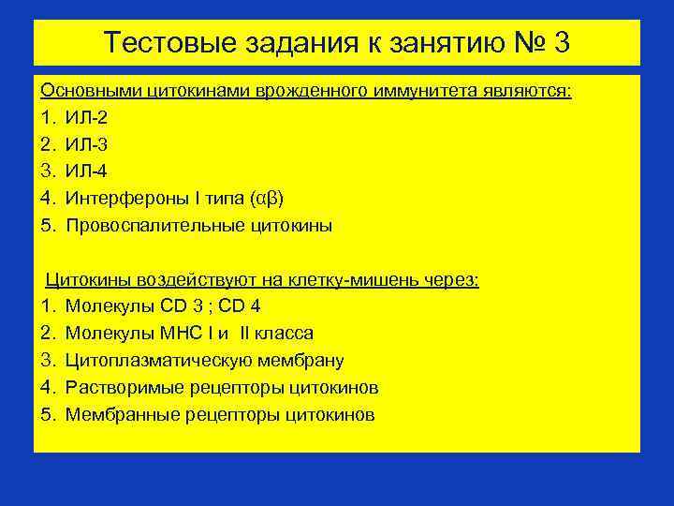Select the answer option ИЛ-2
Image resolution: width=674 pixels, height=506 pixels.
(x=87, y=118)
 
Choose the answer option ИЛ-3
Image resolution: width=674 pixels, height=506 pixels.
(x=87, y=145)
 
